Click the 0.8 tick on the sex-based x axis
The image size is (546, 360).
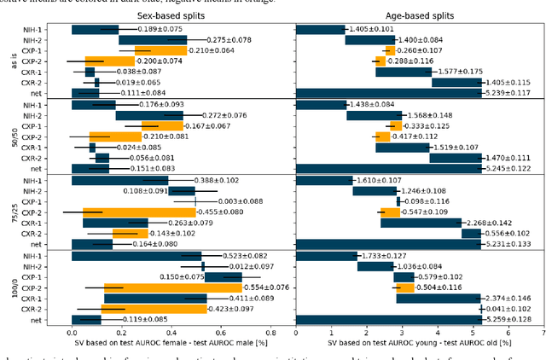[271, 334]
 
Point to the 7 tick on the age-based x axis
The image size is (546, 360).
[543, 334]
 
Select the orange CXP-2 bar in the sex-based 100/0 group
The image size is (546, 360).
[155, 287]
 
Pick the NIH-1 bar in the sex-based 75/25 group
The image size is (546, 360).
[119, 180]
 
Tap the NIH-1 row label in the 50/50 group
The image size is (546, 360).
[52, 105]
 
